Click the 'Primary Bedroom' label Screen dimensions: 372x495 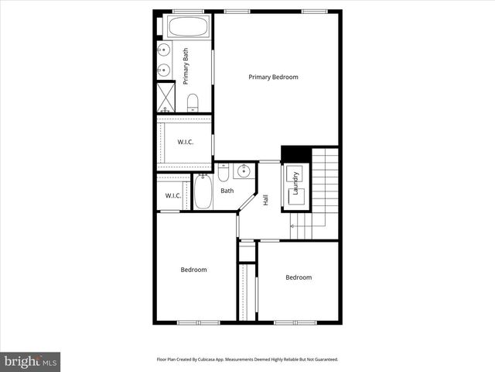(273, 77)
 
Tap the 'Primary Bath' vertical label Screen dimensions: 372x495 (186, 66)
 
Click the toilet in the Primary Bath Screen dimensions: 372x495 (193, 102)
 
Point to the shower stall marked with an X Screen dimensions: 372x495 (166, 96)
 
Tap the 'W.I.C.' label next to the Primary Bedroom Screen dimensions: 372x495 (185, 142)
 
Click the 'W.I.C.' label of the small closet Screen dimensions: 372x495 (172, 195)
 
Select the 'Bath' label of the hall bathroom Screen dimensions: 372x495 (227, 191)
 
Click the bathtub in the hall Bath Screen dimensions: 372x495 (203, 192)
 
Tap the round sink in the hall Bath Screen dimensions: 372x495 (243, 172)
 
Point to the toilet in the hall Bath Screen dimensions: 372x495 (224, 173)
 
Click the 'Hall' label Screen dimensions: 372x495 (265, 199)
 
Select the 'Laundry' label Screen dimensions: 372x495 (295, 186)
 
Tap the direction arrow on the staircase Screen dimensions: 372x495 (298, 225)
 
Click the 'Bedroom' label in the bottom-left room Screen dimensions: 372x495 (193, 270)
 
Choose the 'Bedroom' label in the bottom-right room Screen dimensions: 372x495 (299, 277)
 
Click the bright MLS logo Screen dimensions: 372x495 (30, 361)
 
